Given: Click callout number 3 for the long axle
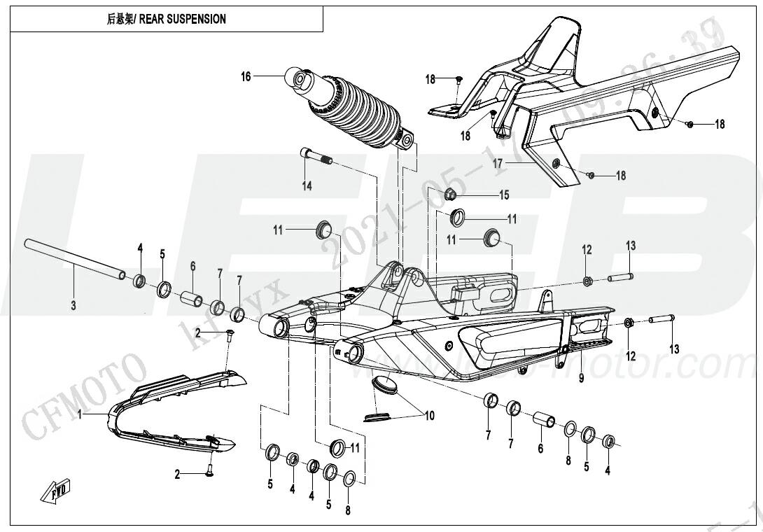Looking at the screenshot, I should [73, 306].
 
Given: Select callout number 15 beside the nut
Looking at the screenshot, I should [503, 194].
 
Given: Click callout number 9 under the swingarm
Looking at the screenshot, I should [580, 379].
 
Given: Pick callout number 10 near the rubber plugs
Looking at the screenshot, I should [429, 416].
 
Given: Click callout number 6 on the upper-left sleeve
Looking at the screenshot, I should [192, 266].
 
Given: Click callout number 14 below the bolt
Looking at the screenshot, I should [307, 185].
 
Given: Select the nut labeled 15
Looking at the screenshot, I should [451, 194].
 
